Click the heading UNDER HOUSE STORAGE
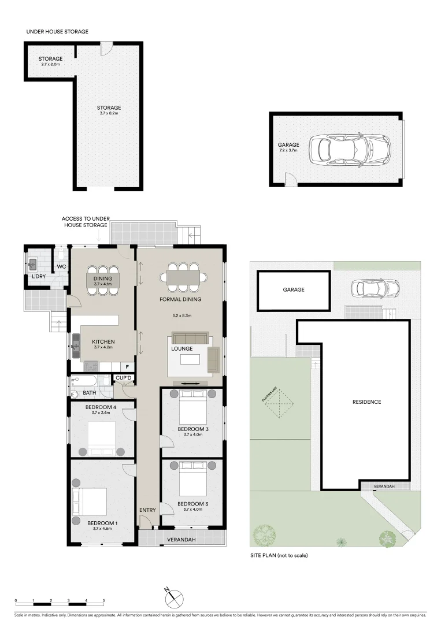tap(57, 31)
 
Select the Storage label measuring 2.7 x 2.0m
tap(50, 59)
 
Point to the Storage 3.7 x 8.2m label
tap(109, 108)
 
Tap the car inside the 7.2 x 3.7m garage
tap(349, 150)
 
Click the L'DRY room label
tap(39, 276)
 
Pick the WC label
tap(61, 266)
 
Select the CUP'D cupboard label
tap(124, 378)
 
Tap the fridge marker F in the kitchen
tap(127, 366)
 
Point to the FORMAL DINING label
tap(181, 299)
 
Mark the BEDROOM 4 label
tap(101, 407)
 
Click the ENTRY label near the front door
tap(147, 510)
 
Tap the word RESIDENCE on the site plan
tap(366, 402)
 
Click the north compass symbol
tap(174, 598)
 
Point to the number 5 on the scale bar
tap(103, 601)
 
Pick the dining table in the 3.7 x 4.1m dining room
tap(106, 280)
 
